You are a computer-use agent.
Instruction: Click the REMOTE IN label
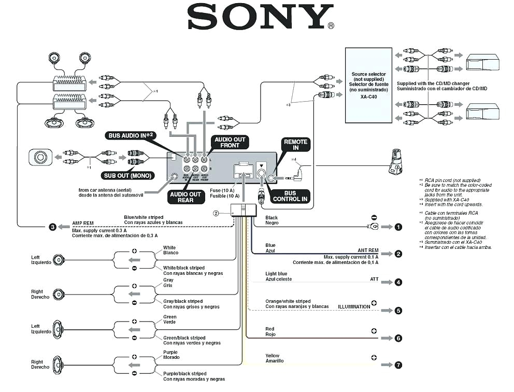[x=295, y=145]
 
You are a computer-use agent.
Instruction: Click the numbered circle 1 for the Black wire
[x=398, y=227]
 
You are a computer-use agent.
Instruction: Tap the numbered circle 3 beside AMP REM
[x=52, y=227]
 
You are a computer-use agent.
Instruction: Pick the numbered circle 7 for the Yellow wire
[x=398, y=365]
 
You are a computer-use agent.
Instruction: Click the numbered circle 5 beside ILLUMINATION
[x=398, y=311]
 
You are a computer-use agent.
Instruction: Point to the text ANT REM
[x=368, y=250]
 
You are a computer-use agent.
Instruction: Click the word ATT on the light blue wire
[x=374, y=279]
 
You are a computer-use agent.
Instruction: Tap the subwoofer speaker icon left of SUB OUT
[x=40, y=157]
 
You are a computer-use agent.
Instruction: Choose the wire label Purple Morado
[x=170, y=355]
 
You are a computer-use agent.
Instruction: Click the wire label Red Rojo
[x=270, y=332]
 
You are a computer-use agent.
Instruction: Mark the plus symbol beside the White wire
[x=134, y=250]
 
